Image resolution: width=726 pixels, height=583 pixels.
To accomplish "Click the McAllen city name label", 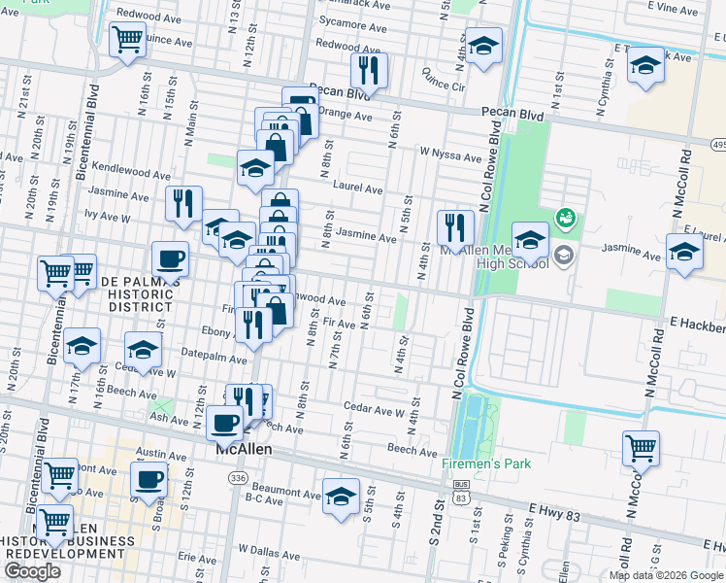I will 242,451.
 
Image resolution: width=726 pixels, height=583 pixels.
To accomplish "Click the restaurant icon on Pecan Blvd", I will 369,70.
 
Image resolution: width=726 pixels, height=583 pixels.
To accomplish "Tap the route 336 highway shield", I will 238,478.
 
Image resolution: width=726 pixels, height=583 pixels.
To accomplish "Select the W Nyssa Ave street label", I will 450,155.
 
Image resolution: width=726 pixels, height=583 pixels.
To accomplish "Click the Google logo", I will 32,571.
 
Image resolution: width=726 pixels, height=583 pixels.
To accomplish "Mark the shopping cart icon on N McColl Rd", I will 641,449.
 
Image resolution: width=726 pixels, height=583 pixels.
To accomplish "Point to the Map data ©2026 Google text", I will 666,575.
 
